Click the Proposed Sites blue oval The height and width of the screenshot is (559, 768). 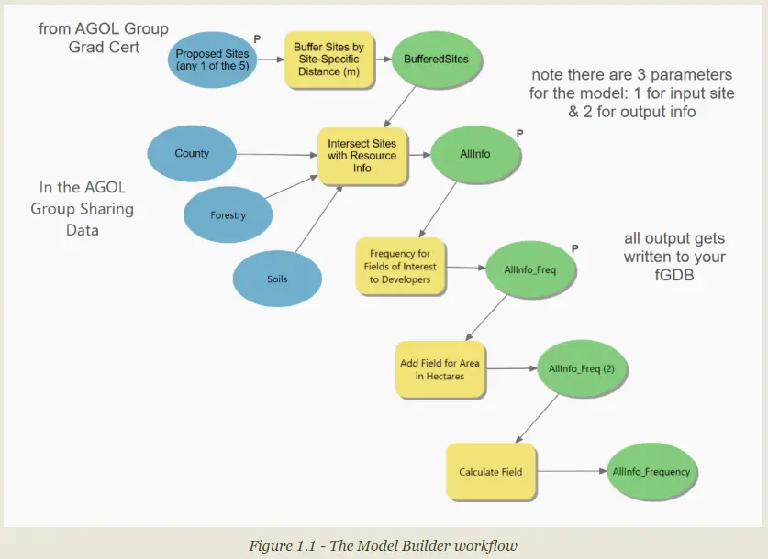click(212, 60)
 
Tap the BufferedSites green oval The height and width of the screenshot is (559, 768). click(436, 60)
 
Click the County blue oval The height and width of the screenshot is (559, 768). click(192, 154)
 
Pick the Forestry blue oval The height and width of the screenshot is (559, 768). click(228, 216)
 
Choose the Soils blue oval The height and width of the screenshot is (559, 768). click(276, 277)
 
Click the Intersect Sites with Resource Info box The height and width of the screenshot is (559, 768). click(362, 156)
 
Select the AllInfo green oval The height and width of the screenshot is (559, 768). click(474, 154)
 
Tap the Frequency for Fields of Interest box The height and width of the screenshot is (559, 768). click(400, 267)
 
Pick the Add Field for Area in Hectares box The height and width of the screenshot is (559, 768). click(440, 369)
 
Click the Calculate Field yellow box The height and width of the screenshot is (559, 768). click(490, 472)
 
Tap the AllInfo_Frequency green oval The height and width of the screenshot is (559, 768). click(650, 472)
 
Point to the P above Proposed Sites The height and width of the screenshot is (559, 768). click(257, 38)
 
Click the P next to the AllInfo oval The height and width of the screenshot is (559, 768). click(520, 133)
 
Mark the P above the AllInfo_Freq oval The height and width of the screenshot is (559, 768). click(574, 248)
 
